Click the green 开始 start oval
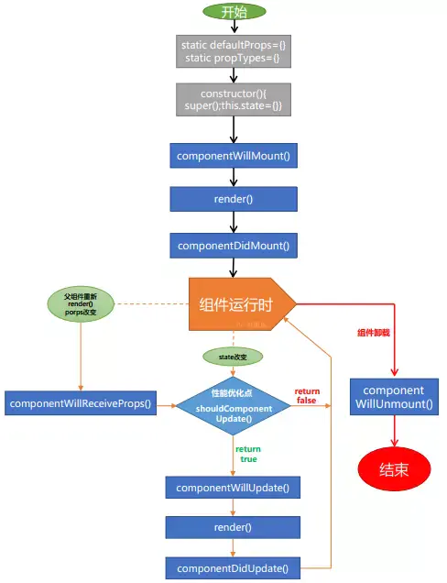pyautogui.click(x=234, y=12)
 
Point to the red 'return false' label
pyautogui.click(x=307, y=395)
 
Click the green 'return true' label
pyautogui.click(x=248, y=454)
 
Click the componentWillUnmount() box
pyautogui.click(x=394, y=396)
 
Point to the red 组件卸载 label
pyautogui.click(x=373, y=334)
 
